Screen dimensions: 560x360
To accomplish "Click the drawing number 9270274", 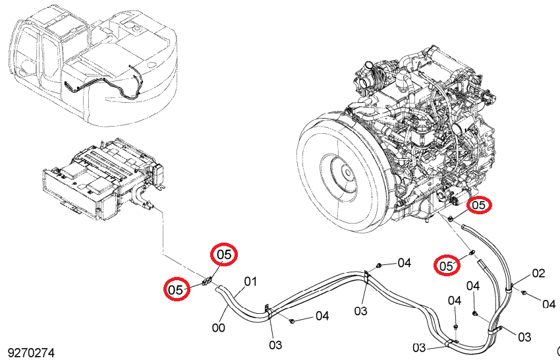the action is tap(31, 353).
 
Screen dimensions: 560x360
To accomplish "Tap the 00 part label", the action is tap(219, 328).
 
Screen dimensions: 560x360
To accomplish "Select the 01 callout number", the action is tap(250, 282).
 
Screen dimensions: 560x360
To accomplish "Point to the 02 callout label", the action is tap(538, 274).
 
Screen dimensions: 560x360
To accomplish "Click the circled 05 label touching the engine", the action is tap(479, 205).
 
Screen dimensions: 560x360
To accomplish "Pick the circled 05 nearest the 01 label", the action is tap(224, 255).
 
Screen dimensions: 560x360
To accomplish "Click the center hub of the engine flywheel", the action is tap(346, 173).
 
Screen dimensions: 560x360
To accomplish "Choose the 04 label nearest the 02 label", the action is tap(549, 304).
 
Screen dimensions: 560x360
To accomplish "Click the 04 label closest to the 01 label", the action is tap(322, 316).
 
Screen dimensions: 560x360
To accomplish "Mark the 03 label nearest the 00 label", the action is tap(275, 345).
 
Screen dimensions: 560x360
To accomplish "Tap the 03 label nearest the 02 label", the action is tap(524, 337).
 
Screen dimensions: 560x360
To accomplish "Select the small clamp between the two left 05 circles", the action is tap(206, 282).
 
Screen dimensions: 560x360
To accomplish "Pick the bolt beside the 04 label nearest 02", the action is tap(524, 293).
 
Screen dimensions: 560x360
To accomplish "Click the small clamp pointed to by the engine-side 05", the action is tap(451, 218).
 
